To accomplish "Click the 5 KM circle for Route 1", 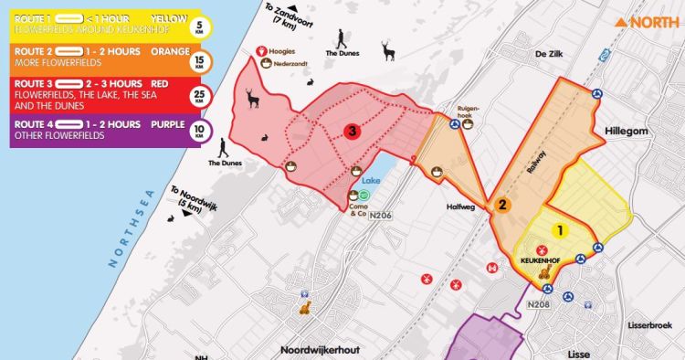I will point(200,27).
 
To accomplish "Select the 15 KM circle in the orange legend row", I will point(200,62).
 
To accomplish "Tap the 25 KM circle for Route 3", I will point(200,96).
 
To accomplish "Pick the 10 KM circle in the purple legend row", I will point(200,130).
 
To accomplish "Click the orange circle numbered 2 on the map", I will point(501,206).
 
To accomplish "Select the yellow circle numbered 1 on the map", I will point(561,231).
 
